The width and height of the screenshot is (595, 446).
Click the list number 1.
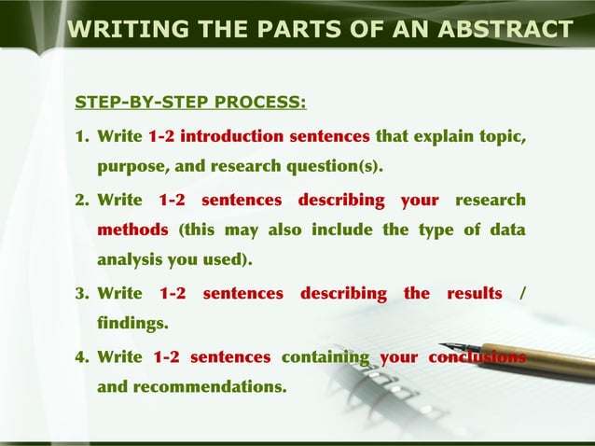click(81, 137)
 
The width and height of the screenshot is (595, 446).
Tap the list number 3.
click(81, 294)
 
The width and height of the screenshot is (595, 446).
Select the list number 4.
click(81, 357)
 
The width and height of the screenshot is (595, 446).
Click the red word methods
click(132, 230)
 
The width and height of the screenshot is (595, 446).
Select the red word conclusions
click(477, 357)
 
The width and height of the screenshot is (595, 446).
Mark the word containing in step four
click(325, 357)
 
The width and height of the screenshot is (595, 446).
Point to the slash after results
click(522, 294)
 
